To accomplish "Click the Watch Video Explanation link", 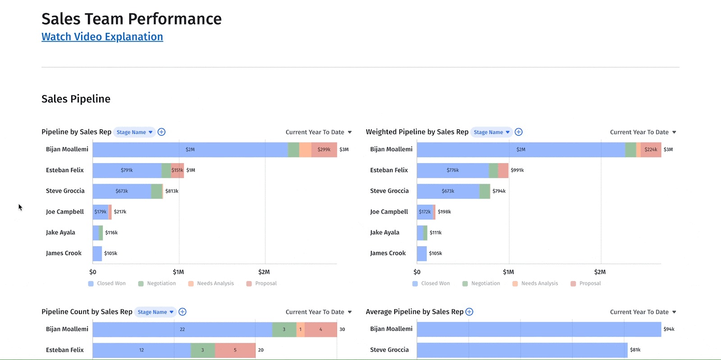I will pyautogui.click(x=102, y=37).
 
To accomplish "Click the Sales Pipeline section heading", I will pyautogui.click(x=76, y=99).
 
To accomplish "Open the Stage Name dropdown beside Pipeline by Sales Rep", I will pyautogui.click(x=134, y=132).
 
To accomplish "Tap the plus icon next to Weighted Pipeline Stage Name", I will pyautogui.click(x=519, y=132).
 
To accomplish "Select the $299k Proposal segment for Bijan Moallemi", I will pyautogui.click(x=324, y=150).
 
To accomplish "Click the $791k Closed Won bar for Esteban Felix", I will pyautogui.click(x=127, y=170).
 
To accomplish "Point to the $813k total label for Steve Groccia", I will pyautogui.click(x=172, y=191).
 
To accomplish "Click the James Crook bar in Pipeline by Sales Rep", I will pyautogui.click(x=97, y=253).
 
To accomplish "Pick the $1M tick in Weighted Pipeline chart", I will pyautogui.click(x=508, y=272).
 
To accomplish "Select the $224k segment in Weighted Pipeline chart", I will pyautogui.click(x=651, y=150).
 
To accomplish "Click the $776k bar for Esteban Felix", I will pyautogui.click(x=452, y=170).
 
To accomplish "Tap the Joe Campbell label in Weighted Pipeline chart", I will pyautogui.click(x=389, y=212).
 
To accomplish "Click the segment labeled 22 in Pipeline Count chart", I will pyautogui.click(x=182, y=329).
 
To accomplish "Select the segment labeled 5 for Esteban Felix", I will pyautogui.click(x=235, y=350).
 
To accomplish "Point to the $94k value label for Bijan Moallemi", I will pyautogui.click(x=669, y=329).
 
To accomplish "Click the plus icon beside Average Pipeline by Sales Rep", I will pyautogui.click(x=469, y=312).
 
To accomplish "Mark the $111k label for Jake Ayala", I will pyautogui.click(x=435, y=232).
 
